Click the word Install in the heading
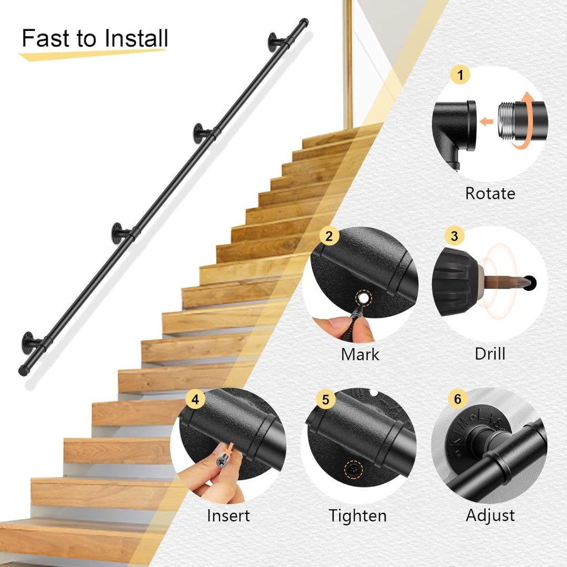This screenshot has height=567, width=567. (136, 38)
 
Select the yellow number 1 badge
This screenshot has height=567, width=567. (460, 75)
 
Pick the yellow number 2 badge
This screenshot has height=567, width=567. (329, 236)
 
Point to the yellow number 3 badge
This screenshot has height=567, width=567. (455, 236)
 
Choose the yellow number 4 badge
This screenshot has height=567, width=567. (195, 399)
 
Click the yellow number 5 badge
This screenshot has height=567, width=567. (325, 399)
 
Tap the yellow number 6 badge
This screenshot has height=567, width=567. (458, 398)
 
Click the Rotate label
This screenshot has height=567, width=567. (490, 193)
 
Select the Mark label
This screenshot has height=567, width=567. (360, 354)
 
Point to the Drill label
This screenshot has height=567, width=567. (490, 354)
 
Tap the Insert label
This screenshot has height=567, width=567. (228, 516)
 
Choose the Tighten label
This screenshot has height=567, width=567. (358, 516)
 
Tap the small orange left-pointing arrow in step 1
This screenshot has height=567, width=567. (487, 121)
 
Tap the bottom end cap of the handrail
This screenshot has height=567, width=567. (23, 371)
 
